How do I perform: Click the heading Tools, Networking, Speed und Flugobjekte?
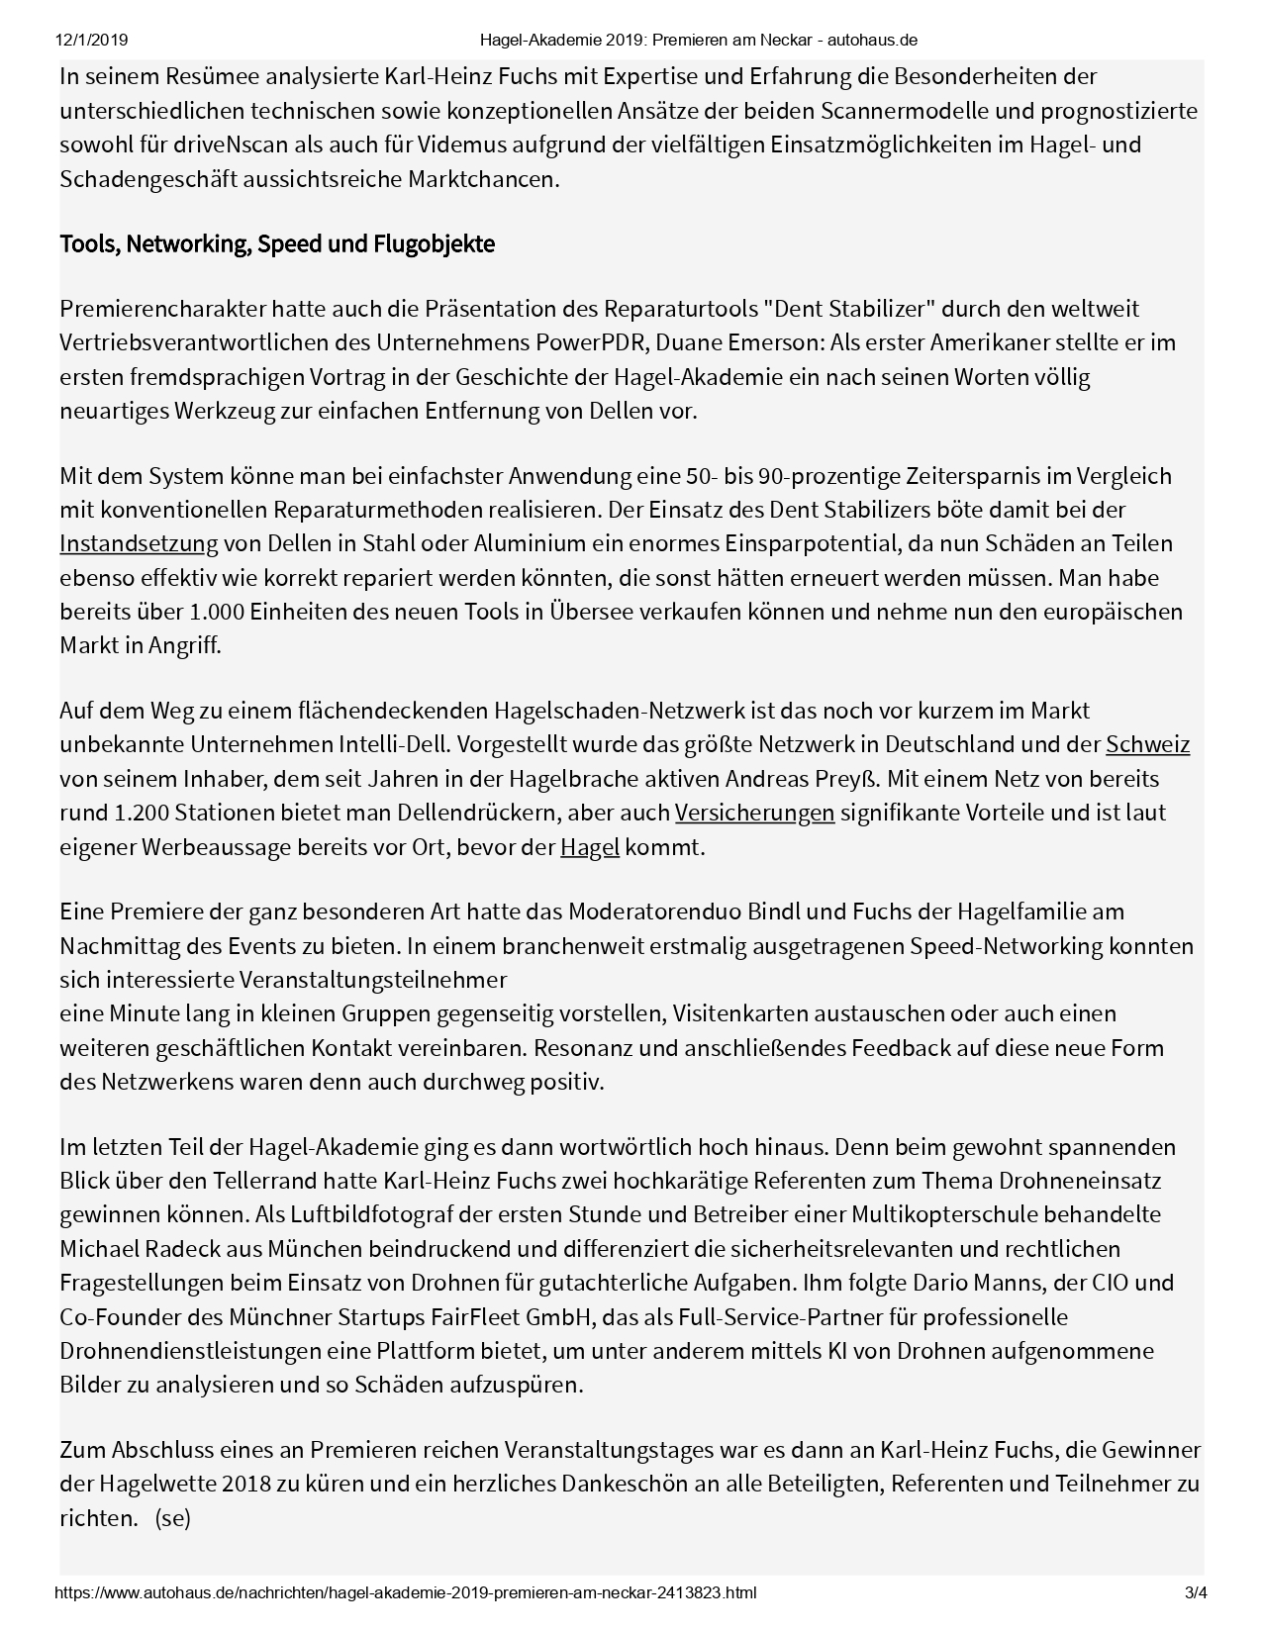[x=277, y=243]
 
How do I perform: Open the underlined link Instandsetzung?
[x=139, y=543]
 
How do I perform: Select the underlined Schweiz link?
[x=1147, y=744]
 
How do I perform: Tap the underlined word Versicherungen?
[x=754, y=813]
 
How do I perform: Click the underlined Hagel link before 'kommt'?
[x=589, y=847]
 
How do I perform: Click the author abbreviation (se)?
[x=172, y=1518]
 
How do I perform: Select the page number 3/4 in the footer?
[x=1196, y=1593]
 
